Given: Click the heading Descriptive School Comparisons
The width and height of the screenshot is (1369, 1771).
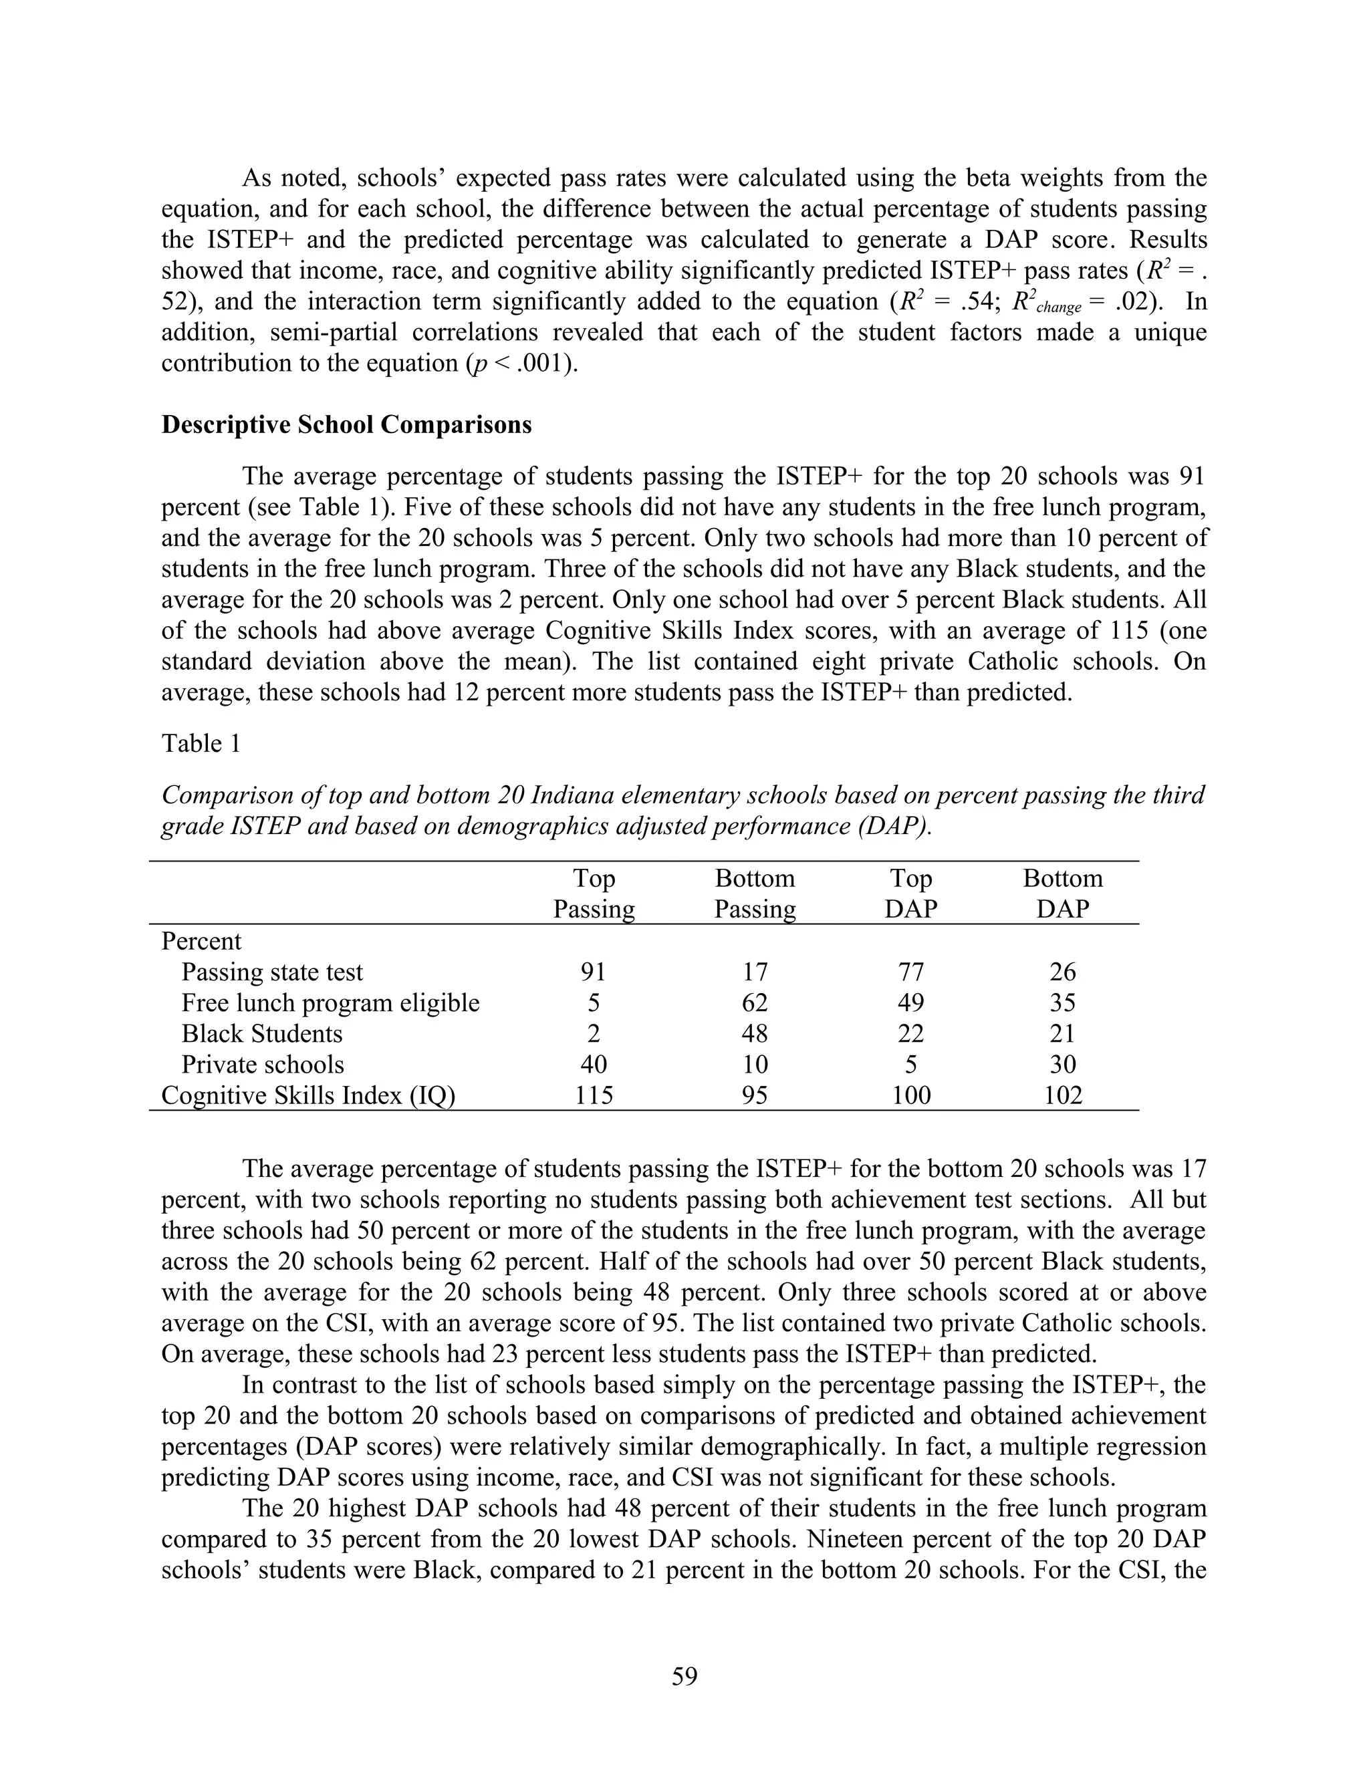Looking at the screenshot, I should [346, 425].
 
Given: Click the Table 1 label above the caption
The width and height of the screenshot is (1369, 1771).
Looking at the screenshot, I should [201, 744].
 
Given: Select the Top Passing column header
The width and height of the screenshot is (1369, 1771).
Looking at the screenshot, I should [594, 894].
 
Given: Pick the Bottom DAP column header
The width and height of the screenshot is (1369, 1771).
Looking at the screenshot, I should [1062, 894].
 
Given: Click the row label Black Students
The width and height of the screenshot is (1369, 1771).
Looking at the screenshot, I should [261, 1034].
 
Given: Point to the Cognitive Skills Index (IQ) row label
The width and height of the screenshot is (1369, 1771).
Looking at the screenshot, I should [308, 1095].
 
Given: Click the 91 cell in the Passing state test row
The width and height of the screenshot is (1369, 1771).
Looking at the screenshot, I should [594, 972].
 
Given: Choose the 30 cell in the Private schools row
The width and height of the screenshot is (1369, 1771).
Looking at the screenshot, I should [1062, 1065].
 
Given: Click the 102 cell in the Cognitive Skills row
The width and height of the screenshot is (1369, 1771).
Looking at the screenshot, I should [1062, 1095].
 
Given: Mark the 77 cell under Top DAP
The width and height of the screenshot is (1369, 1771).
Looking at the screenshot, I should [911, 972].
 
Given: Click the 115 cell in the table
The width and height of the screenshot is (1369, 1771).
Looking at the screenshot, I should [594, 1095].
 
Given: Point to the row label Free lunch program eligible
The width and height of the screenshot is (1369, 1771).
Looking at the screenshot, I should [330, 1003].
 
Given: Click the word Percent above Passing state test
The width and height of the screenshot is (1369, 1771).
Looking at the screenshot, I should [201, 942].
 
